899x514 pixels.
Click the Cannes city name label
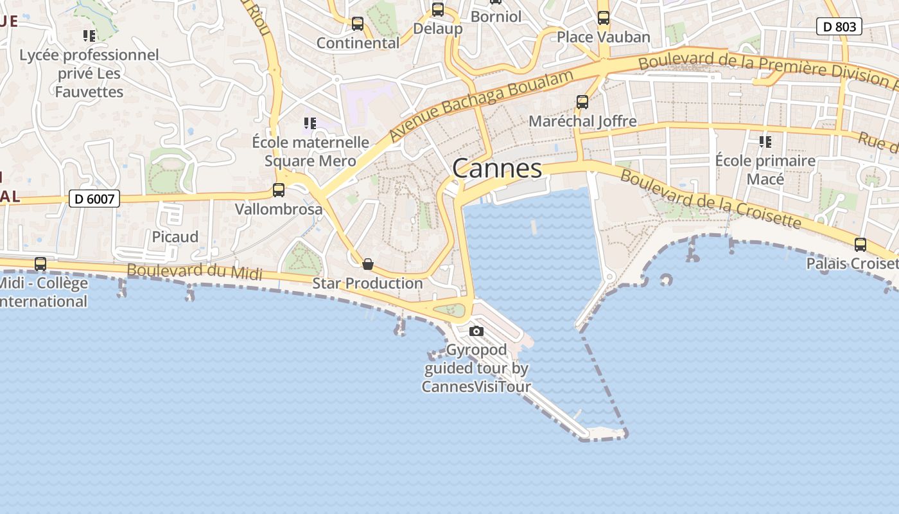point(497,168)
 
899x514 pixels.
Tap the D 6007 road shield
point(94,199)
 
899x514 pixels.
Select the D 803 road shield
point(839,26)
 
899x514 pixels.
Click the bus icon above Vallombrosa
point(278,190)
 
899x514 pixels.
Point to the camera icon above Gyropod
point(476,332)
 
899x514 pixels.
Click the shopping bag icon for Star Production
point(368,264)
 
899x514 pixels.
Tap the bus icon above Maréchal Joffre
point(582,102)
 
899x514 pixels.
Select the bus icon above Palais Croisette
point(860,244)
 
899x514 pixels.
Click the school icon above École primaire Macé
point(765,141)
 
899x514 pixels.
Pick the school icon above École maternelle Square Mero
point(310,123)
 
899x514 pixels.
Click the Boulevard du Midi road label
point(195,272)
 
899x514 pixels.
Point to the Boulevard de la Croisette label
point(711,200)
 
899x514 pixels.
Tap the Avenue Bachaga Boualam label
point(481,105)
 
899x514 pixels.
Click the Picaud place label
point(175,237)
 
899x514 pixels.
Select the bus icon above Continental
point(358,24)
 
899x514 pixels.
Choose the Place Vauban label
point(603,37)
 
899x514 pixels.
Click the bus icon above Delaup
point(438,10)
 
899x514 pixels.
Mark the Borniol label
point(496,16)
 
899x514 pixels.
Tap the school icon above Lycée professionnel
point(89,35)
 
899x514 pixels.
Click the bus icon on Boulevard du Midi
point(40,263)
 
